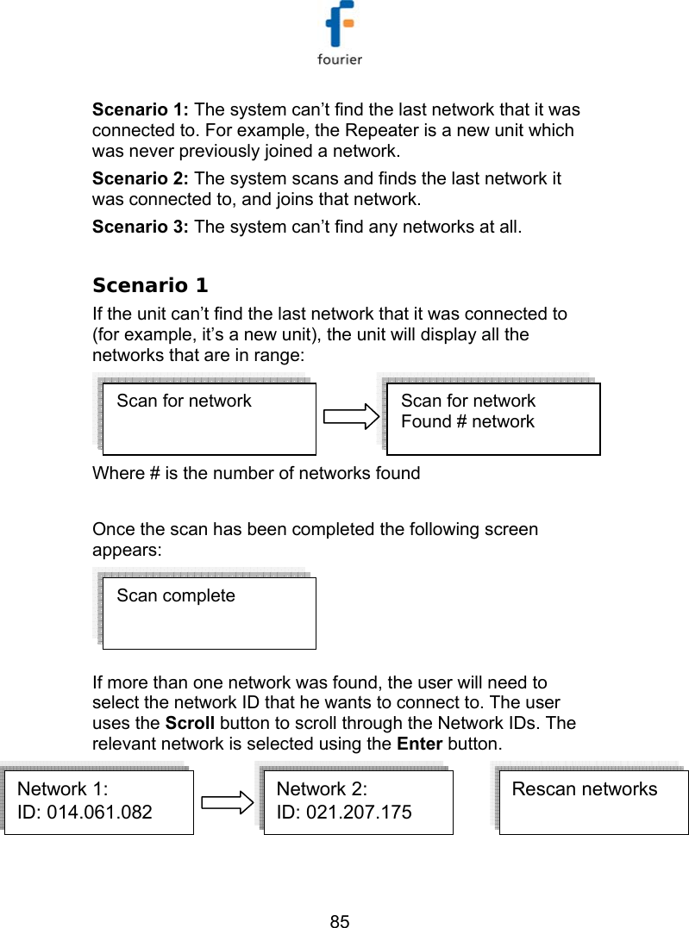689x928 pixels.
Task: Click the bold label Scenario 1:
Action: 141,110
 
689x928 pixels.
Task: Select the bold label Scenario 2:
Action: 141,179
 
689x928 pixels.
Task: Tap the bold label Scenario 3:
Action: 141,228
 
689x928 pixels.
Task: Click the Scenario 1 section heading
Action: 150,285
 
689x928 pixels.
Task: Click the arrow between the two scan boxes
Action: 350,418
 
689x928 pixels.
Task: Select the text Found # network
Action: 467,422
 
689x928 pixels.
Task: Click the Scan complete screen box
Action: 209,612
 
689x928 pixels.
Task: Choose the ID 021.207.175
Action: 343,812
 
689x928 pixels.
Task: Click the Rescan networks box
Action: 593,801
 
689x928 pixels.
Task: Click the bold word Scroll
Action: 189,723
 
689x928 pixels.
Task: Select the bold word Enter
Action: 420,743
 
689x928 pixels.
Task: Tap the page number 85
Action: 341,922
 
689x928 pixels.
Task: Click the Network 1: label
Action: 63,789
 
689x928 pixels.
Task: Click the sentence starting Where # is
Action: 256,473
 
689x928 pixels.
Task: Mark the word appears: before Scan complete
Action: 127,550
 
